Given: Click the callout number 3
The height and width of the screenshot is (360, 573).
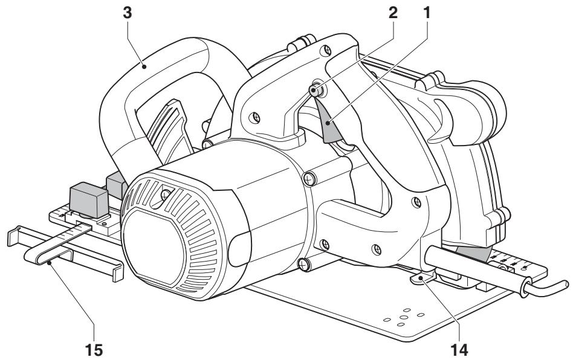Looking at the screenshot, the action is [x=127, y=13].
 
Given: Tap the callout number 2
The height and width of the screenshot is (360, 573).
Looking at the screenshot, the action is [x=392, y=13].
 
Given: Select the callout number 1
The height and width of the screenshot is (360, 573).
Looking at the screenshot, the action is [x=427, y=13].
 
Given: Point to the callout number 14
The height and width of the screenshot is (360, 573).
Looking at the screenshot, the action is [x=459, y=350].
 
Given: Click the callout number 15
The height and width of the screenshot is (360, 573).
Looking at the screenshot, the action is [x=94, y=350].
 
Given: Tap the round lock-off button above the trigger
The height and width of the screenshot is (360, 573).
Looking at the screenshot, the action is [x=316, y=89].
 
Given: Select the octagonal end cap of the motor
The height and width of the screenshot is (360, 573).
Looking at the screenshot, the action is [x=153, y=247].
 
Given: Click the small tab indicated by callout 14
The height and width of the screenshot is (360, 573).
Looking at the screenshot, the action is [x=422, y=278].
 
